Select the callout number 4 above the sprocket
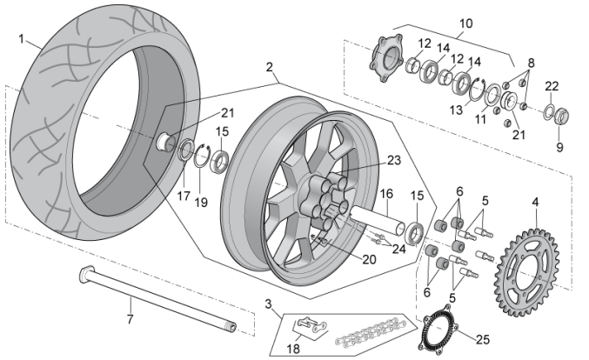535,203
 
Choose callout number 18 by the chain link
293,348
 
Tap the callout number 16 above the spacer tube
386,194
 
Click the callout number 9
559,148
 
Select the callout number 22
552,85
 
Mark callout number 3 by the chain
269,304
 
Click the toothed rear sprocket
525,263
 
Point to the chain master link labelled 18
305,328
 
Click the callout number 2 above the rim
270,67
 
